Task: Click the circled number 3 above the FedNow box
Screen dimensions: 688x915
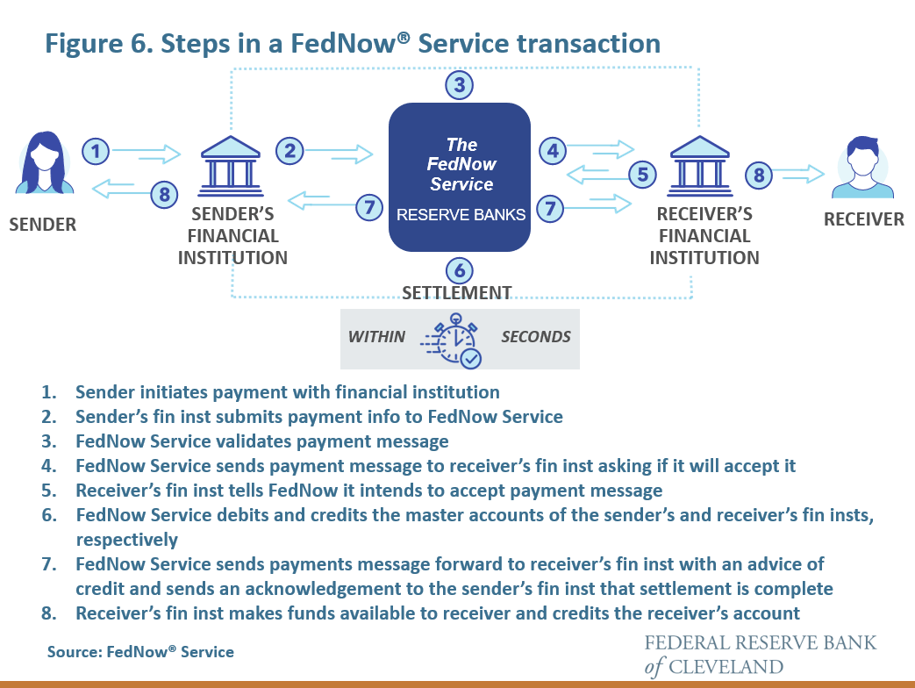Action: coord(459,85)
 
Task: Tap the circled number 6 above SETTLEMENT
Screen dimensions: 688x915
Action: coord(460,270)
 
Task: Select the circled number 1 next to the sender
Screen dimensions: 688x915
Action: coord(97,152)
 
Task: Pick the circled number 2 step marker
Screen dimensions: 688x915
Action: coord(290,151)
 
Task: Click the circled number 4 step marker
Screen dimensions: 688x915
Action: coord(552,151)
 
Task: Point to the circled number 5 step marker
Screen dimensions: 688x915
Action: coord(643,175)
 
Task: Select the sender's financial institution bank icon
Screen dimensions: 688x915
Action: coord(232,163)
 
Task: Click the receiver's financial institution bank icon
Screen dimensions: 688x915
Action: coord(698,162)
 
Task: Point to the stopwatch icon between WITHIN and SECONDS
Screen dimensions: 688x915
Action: coord(454,339)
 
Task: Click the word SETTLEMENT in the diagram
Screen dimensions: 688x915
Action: coord(456,292)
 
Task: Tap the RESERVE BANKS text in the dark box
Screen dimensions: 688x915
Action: coord(461,215)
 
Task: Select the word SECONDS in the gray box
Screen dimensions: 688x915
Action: coord(535,337)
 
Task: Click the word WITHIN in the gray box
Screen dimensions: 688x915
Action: coord(377,337)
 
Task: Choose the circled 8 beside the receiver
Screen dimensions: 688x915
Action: coord(760,175)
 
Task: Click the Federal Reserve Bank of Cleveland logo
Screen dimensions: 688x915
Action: coord(760,654)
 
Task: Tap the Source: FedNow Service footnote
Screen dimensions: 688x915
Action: coord(140,652)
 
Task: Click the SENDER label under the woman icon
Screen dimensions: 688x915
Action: coord(42,225)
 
